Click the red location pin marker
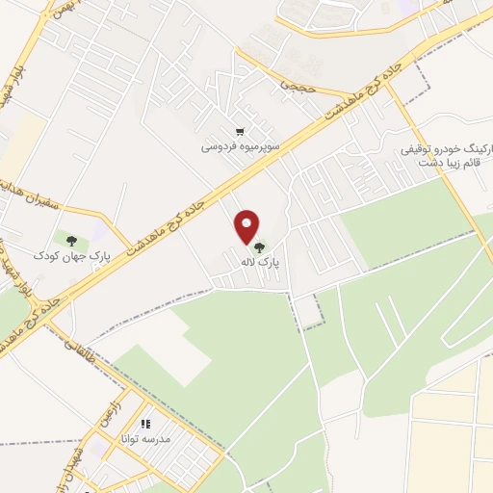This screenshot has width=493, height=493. tap(247, 226)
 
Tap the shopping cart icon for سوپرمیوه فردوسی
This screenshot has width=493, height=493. tap(239, 132)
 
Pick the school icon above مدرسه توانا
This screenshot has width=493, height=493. tap(146, 424)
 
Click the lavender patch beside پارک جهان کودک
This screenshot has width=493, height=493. tap(98, 233)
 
